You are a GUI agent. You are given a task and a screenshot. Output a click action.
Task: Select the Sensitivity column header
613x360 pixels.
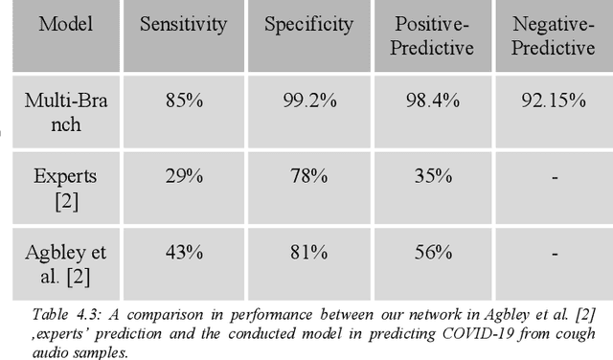[x=182, y=24]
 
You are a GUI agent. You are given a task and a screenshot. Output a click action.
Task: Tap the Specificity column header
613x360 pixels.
[x=308, y=24]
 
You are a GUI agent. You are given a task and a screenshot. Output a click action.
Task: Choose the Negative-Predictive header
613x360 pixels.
[x=553, y=35]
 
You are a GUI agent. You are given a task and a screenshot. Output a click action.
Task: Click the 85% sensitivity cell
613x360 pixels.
[x=182, y=100]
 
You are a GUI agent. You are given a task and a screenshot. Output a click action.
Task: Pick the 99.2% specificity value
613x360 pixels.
[x=308, y=100]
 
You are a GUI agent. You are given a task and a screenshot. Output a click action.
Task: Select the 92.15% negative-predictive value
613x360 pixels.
[x=553, y=100]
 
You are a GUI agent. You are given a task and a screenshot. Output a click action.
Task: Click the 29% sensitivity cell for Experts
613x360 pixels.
[x=182, y=176]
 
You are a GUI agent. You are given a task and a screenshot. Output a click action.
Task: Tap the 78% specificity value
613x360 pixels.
[x=308, y=176]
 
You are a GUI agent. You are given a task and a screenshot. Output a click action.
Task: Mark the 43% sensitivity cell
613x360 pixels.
[x=182, y=252]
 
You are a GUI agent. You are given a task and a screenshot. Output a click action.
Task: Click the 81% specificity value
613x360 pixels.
[x=308, y=252]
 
